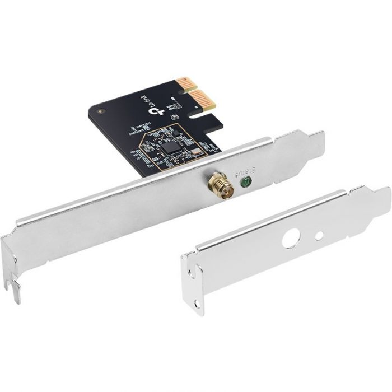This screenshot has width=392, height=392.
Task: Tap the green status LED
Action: pos(245,181)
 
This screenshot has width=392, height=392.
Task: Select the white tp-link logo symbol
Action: pos(158,111)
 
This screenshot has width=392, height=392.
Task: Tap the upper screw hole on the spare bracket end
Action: pos(192,274)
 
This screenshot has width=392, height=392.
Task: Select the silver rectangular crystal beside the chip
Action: pos(195,151)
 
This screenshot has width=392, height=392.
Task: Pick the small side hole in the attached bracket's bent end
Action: pos(15,259)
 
